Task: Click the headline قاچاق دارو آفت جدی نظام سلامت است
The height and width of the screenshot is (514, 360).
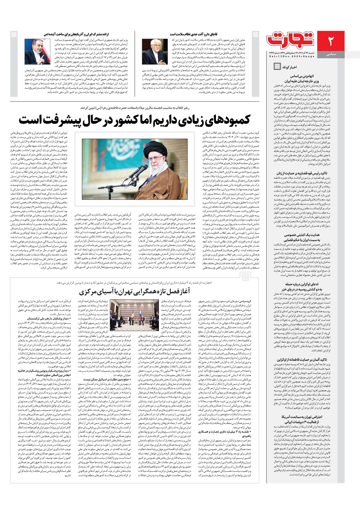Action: tap(193, 34)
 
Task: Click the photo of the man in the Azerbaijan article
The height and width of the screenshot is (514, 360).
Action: tap(37, 52)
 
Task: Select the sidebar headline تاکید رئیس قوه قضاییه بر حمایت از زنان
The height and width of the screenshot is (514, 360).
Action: tap(302, 173)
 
